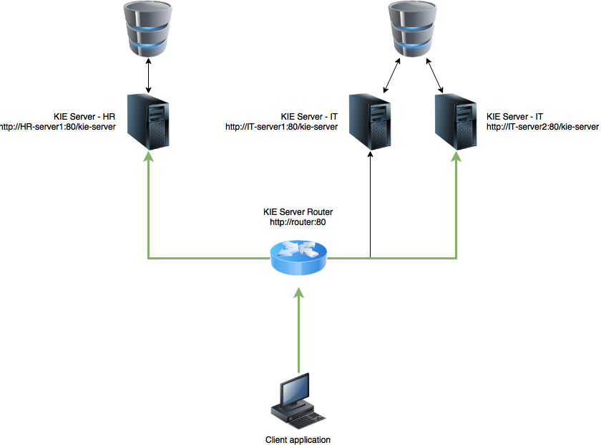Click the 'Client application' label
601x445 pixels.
tap(298, 440)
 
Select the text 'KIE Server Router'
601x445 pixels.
tap(298, 213)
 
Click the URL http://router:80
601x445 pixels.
tap(298, 222)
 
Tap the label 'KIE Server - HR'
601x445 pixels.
tap(84, 117)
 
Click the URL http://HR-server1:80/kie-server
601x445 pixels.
tap(58, 127)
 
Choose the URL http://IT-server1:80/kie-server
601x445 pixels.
tap(281, 127)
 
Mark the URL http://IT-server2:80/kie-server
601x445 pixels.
tap(542, 127)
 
